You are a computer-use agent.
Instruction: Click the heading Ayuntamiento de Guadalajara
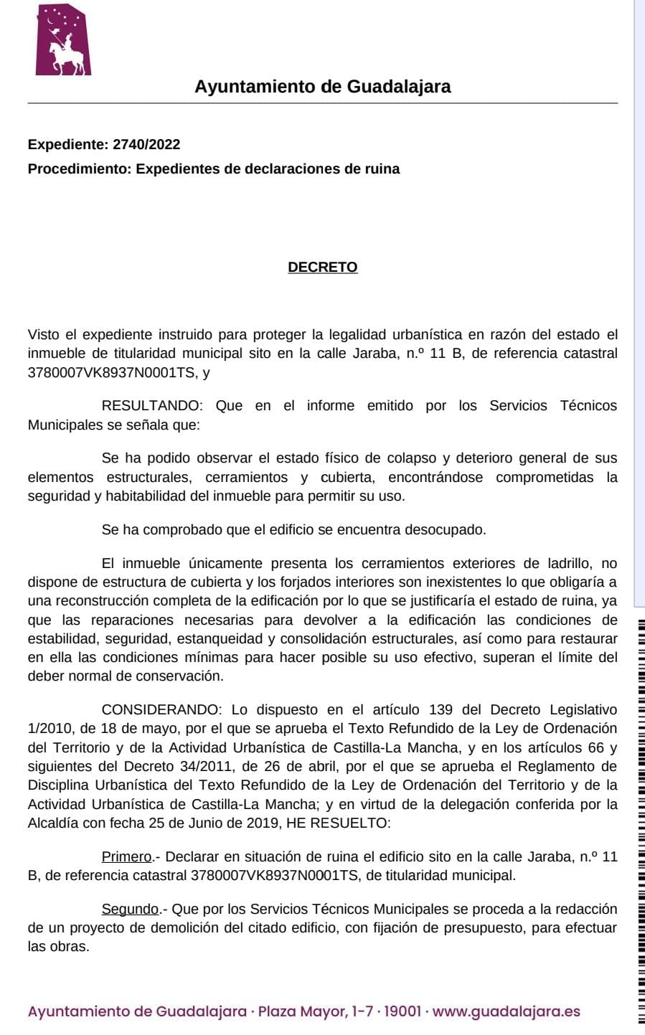click(323, 87)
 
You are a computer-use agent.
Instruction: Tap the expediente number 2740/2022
click(146, 144)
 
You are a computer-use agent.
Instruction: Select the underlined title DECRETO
click(323, 267)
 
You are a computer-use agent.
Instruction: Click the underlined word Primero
click(127, 856)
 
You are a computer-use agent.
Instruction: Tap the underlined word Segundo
click(130, 909)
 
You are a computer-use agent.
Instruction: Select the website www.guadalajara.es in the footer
click(507, 1012)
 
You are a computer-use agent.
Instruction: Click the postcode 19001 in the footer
click(402, 1012)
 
